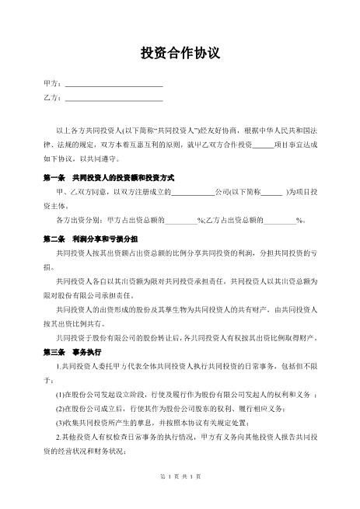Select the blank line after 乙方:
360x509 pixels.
click(x=114, y=99)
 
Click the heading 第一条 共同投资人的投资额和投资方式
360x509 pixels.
click(x=108, y=177)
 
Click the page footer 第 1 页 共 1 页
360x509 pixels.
click(x=180, y=497)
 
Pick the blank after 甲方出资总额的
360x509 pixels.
click(x=181, y=220)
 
